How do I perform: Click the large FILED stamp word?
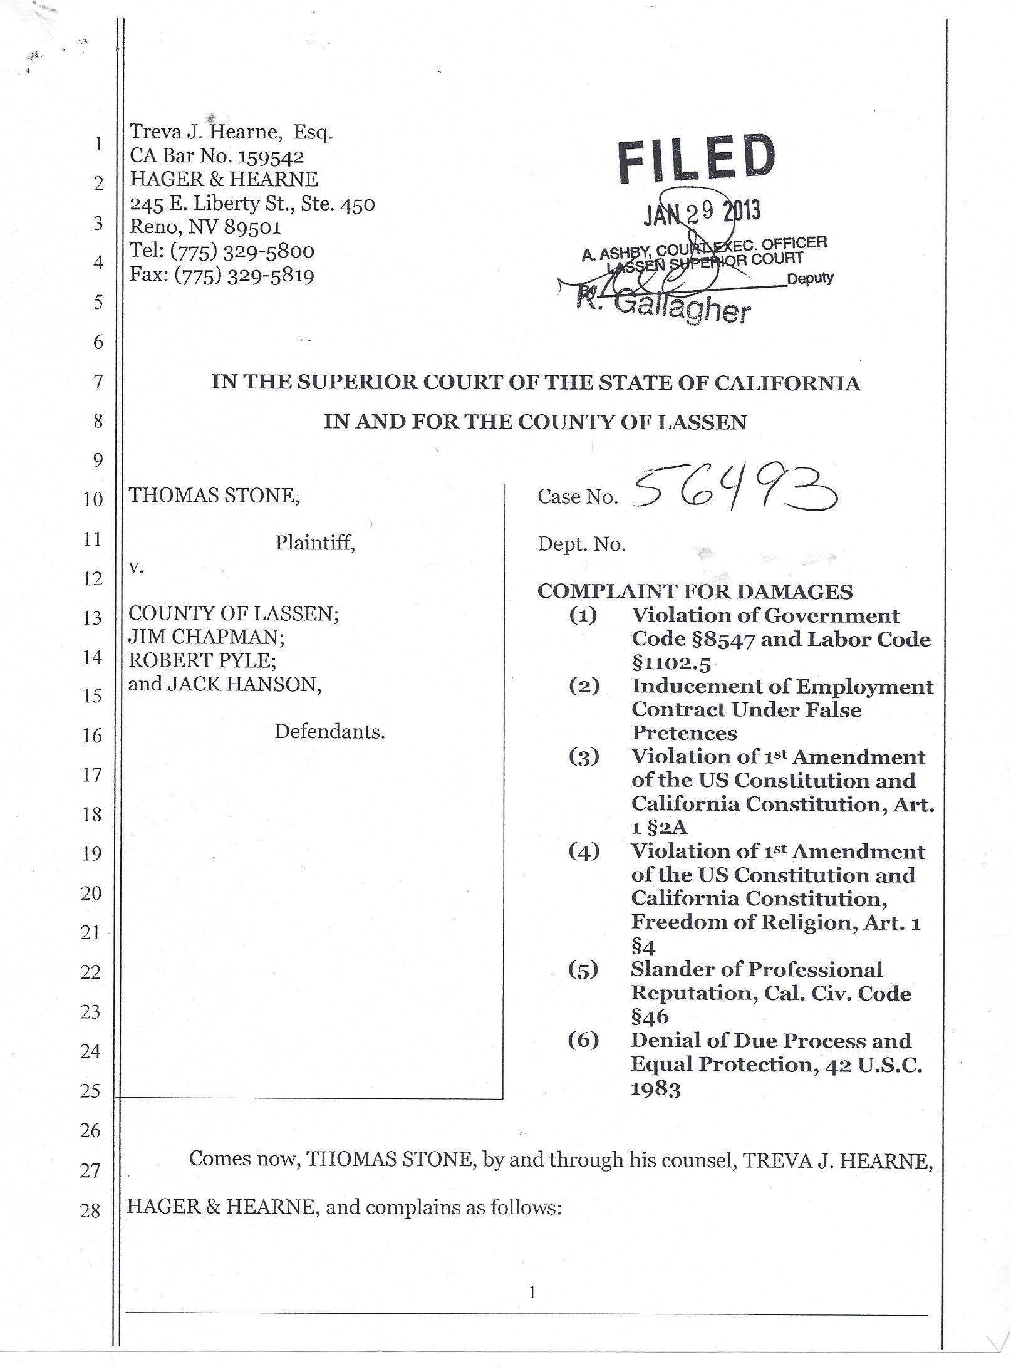tap(696, 160)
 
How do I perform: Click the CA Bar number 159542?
tap(271, 156)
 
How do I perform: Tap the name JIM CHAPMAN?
tap(206, 637)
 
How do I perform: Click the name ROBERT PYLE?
tap(202, 660)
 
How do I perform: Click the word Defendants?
tap(329, 731)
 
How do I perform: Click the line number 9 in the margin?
tap(98, 461)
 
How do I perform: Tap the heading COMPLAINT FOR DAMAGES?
tap(695, 591)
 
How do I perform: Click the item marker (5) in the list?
tap(583, 970)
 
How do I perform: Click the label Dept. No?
tap(581, 544)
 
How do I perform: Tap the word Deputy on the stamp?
tap(810, 279)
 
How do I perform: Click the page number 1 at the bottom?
tap(532, 1291)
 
